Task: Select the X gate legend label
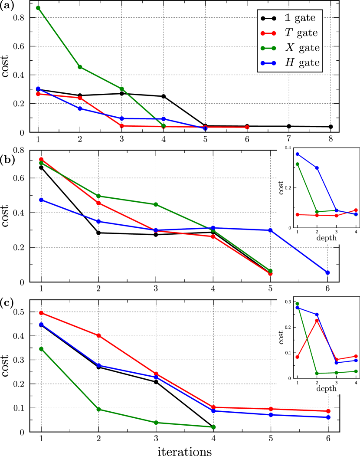290,48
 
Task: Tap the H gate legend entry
290,63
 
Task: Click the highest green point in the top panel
38,8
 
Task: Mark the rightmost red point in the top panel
247,128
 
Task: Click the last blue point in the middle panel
327,272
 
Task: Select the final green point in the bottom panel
213,427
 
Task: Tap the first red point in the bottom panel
41,313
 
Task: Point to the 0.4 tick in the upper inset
288,148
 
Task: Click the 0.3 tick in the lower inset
288,302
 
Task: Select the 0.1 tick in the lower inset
288,353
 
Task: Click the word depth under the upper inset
326,238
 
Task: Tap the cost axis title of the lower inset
281,337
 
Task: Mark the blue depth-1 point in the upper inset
298,154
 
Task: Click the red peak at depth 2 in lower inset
317,321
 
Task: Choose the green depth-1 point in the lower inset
297,304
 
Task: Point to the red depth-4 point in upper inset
356,210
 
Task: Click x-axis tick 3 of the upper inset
337,232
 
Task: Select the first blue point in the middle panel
41,200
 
